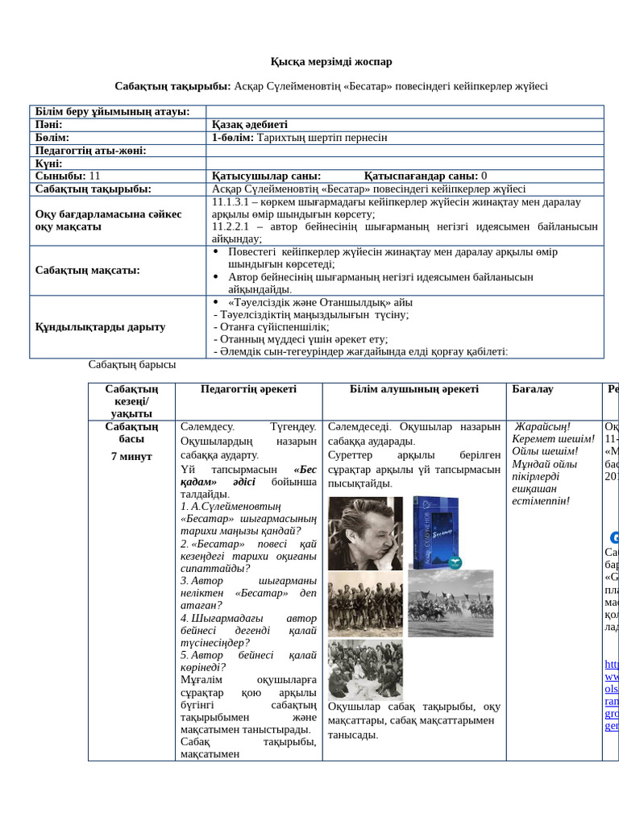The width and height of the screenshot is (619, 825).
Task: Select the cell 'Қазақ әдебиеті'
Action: click(x=249, y=125)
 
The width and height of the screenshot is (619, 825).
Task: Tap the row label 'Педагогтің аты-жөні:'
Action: click(x=90, y=151)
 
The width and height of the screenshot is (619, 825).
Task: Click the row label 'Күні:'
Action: click(x=49, y=164)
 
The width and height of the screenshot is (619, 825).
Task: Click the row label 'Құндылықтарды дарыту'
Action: click(x=101, y=326)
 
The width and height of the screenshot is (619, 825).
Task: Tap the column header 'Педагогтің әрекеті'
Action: click(x=248, y=389)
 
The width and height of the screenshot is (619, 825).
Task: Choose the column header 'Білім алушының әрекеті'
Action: click(x=414, y=389)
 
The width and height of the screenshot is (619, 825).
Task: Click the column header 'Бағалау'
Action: click(x=533, y=389)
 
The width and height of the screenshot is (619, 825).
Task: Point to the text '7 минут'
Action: click(x=131, y=457)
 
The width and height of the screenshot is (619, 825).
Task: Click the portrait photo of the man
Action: click(x=365, y=533)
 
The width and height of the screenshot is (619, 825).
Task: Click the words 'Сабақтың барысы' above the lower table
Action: click(x=132, y=365)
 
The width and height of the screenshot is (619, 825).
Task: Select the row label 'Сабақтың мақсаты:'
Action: click(x=87, y=270)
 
